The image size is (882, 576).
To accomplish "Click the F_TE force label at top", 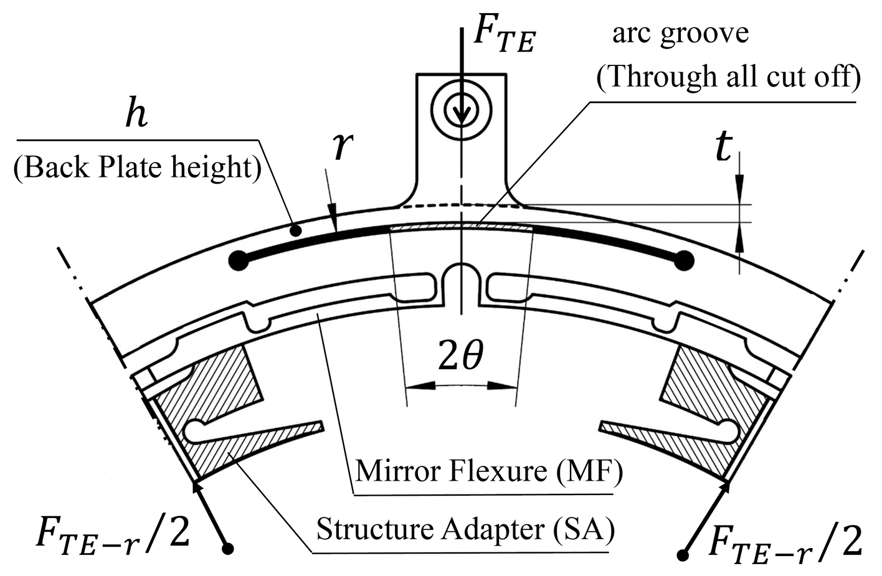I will pyautogui.click(x=503, y=35).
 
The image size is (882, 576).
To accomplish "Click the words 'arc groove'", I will pyautogui.click(x=680, y=32).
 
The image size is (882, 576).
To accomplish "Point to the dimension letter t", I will pyautogui.click(x=723, y=148).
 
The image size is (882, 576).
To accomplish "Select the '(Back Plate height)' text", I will pyautogui.click(x=137, y=168).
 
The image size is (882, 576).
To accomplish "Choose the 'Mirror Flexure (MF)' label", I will pyautogui.click(x=489, y=471).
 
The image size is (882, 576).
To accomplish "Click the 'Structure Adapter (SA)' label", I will pyautogui.click(x=465, y=529).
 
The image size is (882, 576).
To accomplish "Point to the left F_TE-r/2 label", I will pyautogui.click(x=112, y=536).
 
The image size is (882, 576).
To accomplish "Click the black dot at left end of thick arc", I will pyautogui.click(x=237, y=260).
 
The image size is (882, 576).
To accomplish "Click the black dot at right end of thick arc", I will pyautogui.click(x=685, y=260).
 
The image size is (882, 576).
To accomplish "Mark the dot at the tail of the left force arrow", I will pyautogui.click(x=229, y=549).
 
